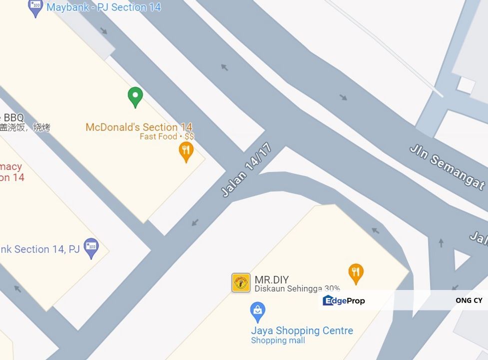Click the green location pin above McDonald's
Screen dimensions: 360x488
click(x=135, y=96)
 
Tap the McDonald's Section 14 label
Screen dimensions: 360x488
click(x=138, y=127)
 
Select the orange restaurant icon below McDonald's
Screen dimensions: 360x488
click(x=186, y=151)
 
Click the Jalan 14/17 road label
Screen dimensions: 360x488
click(x=247, y=170)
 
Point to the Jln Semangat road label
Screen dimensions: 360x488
click(x=447, y=167)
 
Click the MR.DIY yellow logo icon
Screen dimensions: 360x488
click(x=241, y=282)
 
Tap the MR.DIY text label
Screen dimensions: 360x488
click(x=272, y=280)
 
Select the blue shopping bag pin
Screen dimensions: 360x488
click(x=257, y=311)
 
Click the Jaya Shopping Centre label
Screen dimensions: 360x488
click(x=302, y=330)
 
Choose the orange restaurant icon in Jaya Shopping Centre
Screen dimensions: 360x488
click(x=356, y=273)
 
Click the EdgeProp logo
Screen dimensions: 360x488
click(x=344, y=300)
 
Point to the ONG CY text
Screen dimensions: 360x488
click(x=469, y=300)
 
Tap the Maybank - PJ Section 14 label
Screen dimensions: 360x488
click(x=103, y=7)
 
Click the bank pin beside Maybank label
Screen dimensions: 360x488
click(x=35, y=7)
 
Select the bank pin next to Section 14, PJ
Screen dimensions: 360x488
click(x=91, y=247)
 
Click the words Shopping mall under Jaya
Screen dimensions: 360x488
click(x=278, y=340)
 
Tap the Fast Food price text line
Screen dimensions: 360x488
click(x=166, y=136)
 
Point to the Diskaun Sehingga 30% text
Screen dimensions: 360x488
click(x=297, y=288)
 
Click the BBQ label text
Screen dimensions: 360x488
click(x=13, y=118)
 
